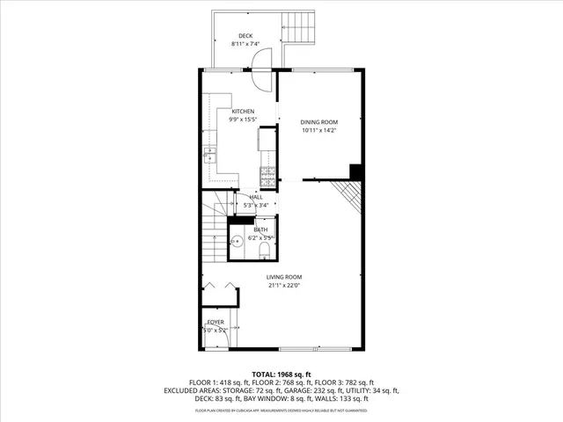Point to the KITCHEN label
pyautogui.click(x=243, y=112)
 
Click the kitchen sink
pyautogui.click(x=210, y=156)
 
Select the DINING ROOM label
pyautogui.click(x=319, y=122)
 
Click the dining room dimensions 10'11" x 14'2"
pyautogui.click(x=319, y=130)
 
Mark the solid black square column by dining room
pyautogui.click(x=356, y=171)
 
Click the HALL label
pyautogui.click(x=256, y=197)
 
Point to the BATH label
pyautogui.click(x=261, y=229)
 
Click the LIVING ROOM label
pyautogui.click(x=284, y=277)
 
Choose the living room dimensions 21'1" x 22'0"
pyautogui.click(x=284, y=285)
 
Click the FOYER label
pyautogui.click(x=216, y=323)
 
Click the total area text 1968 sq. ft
pyautogui.click(x=284, y=375)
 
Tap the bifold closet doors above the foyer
pyautogui.click(x=218, y=287)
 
